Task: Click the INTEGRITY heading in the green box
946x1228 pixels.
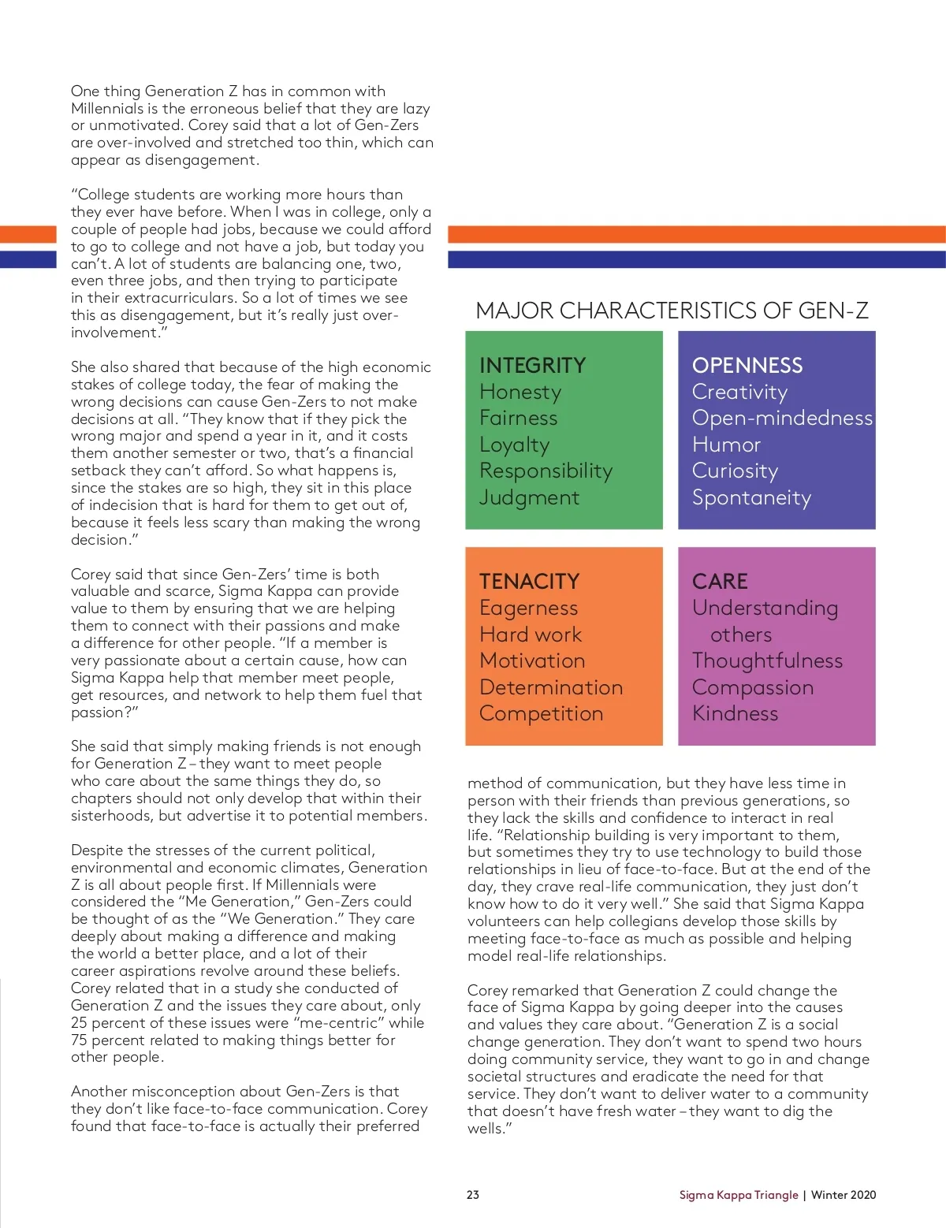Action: (532, 366)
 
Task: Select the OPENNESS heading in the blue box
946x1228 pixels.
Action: (747, 366)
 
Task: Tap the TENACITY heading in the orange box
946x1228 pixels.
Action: (529, 582)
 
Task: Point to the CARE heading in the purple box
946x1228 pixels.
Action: (720, 582)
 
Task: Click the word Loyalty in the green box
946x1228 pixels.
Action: (514, 445)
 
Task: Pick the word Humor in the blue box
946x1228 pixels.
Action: (726, 445)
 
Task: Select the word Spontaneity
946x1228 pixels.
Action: (751, 498)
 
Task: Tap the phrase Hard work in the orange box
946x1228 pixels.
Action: (531, 634)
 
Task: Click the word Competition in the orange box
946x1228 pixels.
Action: (541, 714)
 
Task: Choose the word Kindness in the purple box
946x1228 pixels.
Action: (735, 714)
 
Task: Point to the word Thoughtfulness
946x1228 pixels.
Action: (767, 661)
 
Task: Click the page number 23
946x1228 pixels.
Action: (473, 1195)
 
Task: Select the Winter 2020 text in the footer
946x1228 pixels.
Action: (844, 1195)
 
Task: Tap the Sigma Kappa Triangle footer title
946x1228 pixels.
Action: (739, 1195)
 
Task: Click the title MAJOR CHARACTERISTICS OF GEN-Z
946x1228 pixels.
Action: (672, 311)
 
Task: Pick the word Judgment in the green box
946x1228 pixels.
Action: (529, 498)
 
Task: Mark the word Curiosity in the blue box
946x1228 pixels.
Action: (735, 471)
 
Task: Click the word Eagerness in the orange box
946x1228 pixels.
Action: (528, 608)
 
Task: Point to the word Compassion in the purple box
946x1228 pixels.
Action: (752, 687)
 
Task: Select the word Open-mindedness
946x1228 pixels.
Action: (782, 419)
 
